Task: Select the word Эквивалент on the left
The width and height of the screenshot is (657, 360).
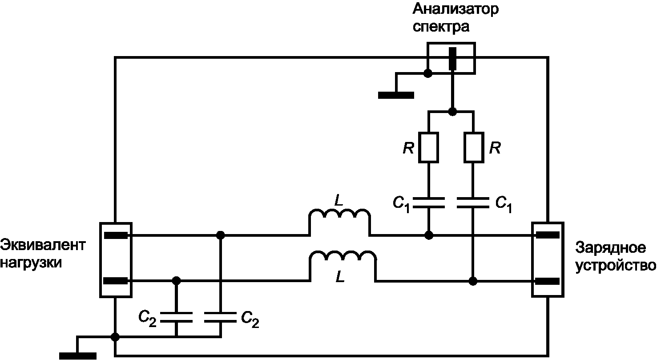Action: (43, 245)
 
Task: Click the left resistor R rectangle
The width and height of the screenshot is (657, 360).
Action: (428, 147)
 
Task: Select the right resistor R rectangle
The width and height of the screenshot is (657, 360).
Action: (474, 147)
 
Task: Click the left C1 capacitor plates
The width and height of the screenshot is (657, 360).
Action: (428, 203)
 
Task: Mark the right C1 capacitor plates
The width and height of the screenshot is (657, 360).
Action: (473, 203)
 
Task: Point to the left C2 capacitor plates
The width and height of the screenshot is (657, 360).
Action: (176, 317)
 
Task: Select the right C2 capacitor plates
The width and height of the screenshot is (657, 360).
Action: (220, 317)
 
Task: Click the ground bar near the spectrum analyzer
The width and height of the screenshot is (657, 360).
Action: (396, 95)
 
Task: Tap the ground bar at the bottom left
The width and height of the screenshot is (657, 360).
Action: (78, 356)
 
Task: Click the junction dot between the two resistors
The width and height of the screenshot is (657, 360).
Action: (452, 112)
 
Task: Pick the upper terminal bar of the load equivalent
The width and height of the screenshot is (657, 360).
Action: (116, 235)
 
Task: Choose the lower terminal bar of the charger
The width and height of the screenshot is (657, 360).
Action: (548, 282)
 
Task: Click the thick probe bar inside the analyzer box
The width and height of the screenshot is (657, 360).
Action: (453, 59)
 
